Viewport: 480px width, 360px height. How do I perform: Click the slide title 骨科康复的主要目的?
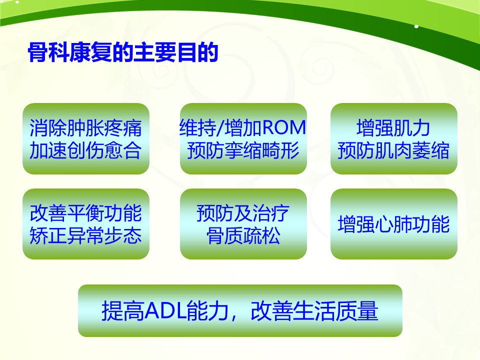pyautogui.click(x=123, y=52)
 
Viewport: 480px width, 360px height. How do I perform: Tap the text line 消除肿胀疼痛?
pyautogui.click(x=85, y=128)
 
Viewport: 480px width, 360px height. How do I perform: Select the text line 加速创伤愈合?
pyautogui.click(x=85, y=150)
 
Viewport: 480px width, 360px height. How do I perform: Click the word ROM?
pyautogui.click(x=284, y=127)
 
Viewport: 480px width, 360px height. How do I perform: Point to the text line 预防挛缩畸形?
pyautogui.click(x=243, y=150)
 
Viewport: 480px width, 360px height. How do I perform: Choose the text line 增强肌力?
pyautogui.click(x=393, y=128)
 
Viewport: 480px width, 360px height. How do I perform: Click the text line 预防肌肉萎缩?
pyautogui.click(x=393, y=150)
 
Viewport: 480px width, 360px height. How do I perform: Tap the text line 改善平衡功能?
pyautogui.click(x=85, y=213)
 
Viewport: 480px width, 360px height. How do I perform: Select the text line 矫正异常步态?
pyautogui.click(x=85, y=235)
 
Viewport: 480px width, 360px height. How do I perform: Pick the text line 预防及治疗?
pyautogui.click(x=243, y=213)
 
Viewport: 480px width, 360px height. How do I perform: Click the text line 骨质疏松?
pyautogui.click(x=243, y=235)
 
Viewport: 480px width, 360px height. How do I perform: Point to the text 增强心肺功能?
pyautogui.click(x=393, y=224)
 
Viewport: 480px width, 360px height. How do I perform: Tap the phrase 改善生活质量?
pyautogui.click(x=314, y=310)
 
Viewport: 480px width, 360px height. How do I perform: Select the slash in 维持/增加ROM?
pyautogui.click(x=220, y=128)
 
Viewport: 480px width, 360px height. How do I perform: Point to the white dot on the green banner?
pyautogui.click(x=416, y=26)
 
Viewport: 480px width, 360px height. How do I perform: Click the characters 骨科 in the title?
pyautogui.click(x=48, y=52)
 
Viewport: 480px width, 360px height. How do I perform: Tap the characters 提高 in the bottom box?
pyautogui.click(x=123, y=310)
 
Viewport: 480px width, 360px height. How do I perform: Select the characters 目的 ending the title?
pyautogui.click(x=197, y=52)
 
